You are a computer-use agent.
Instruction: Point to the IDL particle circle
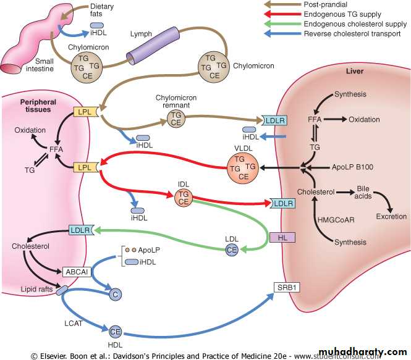tap(183, 196)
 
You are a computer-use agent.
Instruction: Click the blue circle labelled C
tap(114, 295)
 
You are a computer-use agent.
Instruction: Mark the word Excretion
tap(391, 217)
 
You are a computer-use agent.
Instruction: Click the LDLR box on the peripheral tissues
tap(81, 230)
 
